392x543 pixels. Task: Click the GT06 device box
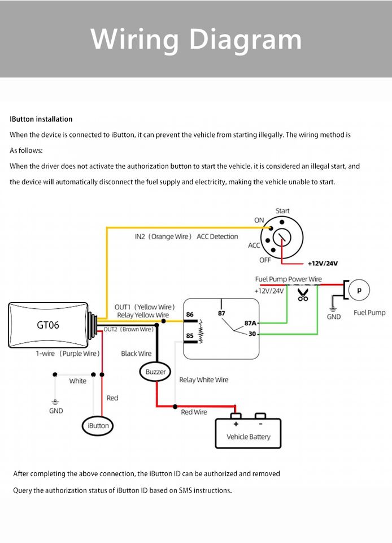click(x=48, y=325)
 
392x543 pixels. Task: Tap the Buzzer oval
click(x=156, y=372)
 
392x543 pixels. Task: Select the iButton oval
click(x=98, y=425)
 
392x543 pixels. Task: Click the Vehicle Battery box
click(x=248, y=433)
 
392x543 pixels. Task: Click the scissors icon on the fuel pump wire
click(x=303, y=294)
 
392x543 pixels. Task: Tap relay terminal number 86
click(x=190, y=314)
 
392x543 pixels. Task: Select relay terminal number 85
click(x=190, y=336)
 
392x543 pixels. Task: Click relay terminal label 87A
click(x=250, y=323)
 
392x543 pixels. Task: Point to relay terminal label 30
click(x=252, y=334)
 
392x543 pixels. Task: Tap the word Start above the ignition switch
click(x=282, y=211)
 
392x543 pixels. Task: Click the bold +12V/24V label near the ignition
click(x=323, y=264)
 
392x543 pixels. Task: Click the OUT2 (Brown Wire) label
click(x=128, y=329)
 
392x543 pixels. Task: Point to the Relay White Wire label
click(x=204, y=380)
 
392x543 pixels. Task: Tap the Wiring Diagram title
click(x=196, y=39)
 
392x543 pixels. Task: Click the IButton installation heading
click(x=41, y=119)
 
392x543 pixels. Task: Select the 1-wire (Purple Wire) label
click(x=68, y=354)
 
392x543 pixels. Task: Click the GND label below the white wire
click(x=56, y=411)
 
